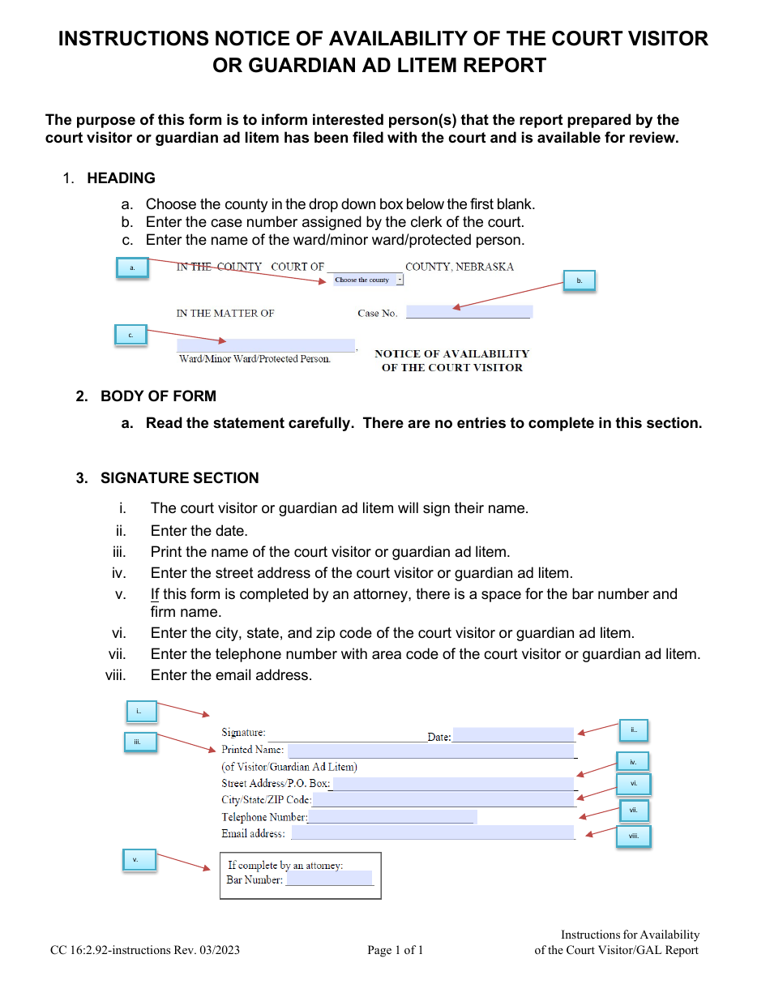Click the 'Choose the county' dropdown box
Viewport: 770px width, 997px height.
tap(368, 280)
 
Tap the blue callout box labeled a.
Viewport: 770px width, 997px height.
tap(132, 267)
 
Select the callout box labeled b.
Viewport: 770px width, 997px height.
tap(579, 280)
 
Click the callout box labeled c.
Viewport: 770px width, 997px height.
tap(130, 335)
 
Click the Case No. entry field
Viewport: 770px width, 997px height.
tap(468, 312)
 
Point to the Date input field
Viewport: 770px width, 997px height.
tap(513, 735)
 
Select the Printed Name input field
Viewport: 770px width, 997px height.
tap(430, 751)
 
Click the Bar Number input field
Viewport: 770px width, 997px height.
tap(328, 879)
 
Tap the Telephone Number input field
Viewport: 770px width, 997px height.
tap(391, 817)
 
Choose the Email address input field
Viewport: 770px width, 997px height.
tap(432, 833)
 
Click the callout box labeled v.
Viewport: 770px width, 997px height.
tap(139, 860)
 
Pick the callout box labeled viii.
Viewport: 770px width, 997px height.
tap(633, 836)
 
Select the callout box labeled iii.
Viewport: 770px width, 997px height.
tap(139, 742)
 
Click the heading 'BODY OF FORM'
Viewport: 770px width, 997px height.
tap(158, 396)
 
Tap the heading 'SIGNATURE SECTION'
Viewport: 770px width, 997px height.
tap(179, 478)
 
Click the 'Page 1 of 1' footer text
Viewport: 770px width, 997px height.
tap(396, 951)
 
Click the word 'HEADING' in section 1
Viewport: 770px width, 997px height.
tap(121, 178)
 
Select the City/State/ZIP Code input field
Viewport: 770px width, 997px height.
tap(443, 800)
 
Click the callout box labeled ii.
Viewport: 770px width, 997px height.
tap(633, 730)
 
